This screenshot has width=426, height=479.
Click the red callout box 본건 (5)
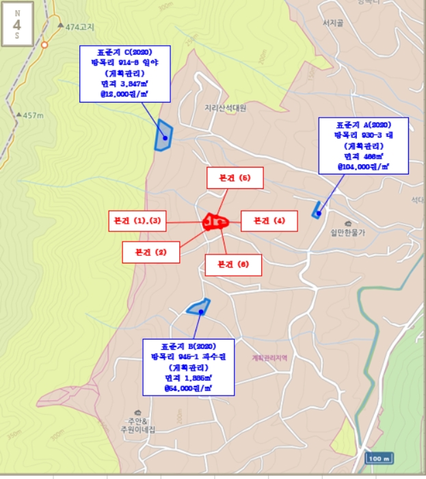tap(234, 178)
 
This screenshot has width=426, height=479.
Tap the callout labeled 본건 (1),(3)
tap(137, 221)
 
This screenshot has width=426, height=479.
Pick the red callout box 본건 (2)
tap(151, 252)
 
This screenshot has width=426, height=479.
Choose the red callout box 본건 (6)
tap(233, 264)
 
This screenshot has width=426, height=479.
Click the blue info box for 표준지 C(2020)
tap(124, 75)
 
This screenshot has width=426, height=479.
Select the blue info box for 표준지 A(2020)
tap(363, 146)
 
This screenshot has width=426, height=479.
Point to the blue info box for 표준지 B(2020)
tap(188, 367)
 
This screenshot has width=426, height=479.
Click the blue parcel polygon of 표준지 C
tap(163, 135)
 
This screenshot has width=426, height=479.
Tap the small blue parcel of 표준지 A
tap(317, 211)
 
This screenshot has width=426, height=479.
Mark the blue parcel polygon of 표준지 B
tap(198, 307)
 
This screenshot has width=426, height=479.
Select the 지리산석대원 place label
tap(225, 107)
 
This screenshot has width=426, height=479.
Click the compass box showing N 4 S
tap(16, 25)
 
